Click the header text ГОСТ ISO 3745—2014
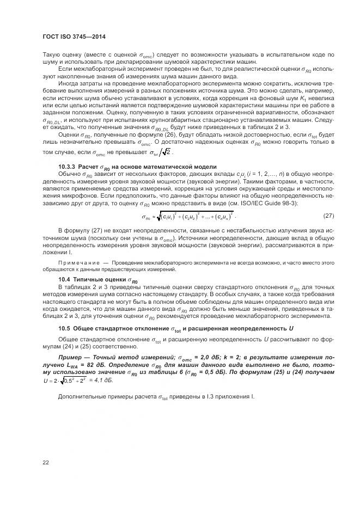(74, 36)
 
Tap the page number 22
(45, 463)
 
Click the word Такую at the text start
(52, 55)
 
